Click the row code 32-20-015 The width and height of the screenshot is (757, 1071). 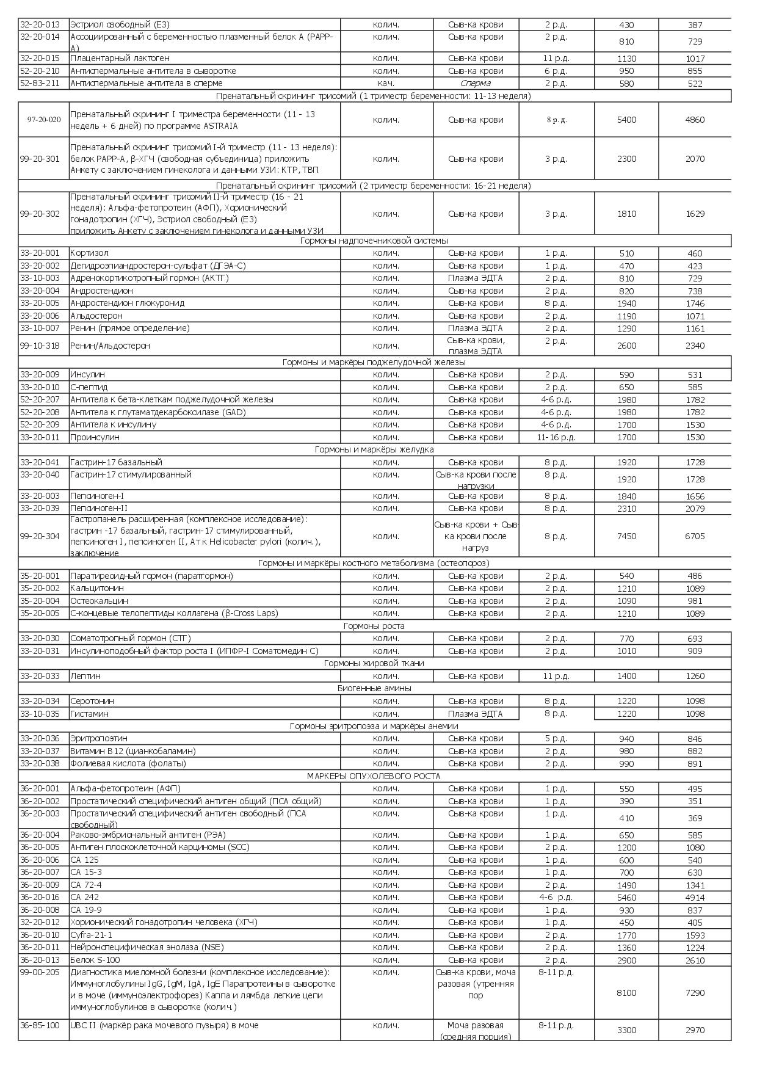click(40, 59)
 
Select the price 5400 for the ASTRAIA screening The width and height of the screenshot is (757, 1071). click(626, 120)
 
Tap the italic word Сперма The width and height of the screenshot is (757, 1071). click(476, 83)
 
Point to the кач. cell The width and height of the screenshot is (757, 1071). click(386, 83)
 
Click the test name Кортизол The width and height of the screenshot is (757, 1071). click(90, 253)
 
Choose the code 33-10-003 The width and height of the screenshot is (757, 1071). click(40, 278)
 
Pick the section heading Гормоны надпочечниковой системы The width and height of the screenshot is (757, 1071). click(374, 241)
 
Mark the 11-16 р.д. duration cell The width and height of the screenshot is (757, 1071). click(556, 437)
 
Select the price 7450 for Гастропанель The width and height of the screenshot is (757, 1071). click(626, 536)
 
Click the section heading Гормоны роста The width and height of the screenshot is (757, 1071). click(374, 626)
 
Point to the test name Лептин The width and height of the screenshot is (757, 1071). click(85, 676)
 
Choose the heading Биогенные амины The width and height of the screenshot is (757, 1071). click(374, 688)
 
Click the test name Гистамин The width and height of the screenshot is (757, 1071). click(90, 714)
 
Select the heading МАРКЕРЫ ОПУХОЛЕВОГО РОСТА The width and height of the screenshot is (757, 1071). click(374, 776)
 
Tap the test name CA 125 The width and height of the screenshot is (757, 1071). click(84, 860)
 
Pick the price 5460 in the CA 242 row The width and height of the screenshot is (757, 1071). click(626, 898)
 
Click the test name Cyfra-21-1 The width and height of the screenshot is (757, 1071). click(92, 935)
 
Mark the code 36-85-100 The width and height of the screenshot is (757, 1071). click(40, 1025)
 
